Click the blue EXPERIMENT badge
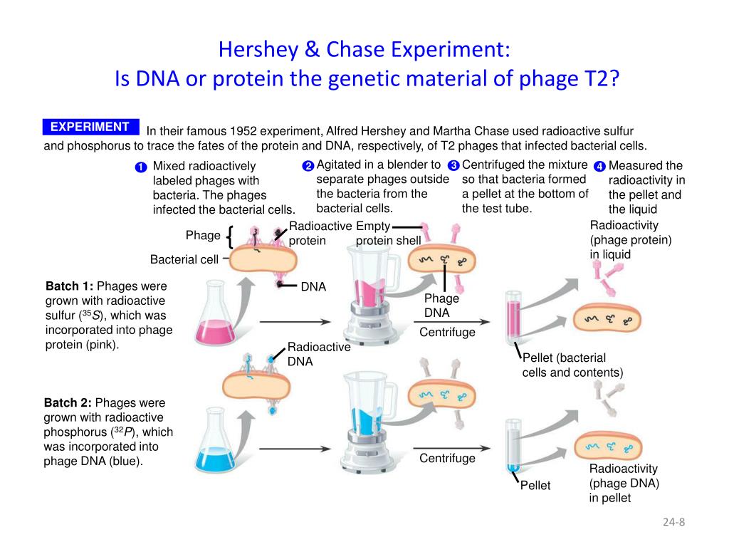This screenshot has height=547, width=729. click(x=90, y=127)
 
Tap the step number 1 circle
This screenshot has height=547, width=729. click(x=140, y=167)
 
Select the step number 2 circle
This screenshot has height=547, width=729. click(x=308, y=166)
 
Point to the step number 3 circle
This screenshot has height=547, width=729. click(x=453, y=166)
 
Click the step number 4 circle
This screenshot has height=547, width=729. click(x=599, y=167)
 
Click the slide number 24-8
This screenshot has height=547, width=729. click(x=673, y=522)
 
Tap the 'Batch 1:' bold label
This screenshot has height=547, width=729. click(x=70, y=286)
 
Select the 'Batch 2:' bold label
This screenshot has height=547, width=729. click(x=69, y=402)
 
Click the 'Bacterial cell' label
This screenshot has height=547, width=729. click(x=184, y=260)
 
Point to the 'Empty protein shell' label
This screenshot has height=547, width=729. click(x=388, y=234)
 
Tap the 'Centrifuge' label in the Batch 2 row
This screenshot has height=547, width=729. click(x=447, y=458)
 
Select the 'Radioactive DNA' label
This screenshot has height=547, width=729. click(x=309, y=354)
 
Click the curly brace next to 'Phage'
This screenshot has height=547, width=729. click(x=231, y=236)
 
